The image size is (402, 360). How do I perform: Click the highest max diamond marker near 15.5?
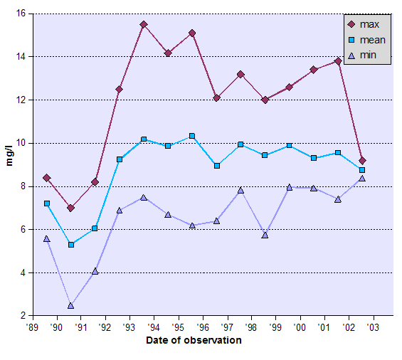(x=144, y=24)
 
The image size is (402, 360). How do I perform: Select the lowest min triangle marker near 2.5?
(x=71, y=305)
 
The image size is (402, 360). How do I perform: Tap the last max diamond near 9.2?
(x=362, y=160)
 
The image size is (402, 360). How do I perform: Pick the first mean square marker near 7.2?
(x=47, y=203)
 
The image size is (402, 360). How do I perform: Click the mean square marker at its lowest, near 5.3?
(x=71, y=245)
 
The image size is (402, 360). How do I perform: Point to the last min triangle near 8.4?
(x=362, y=178)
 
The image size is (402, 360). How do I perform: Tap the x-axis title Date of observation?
(x=194, y=341)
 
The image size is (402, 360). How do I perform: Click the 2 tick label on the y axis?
(x=23, y=316)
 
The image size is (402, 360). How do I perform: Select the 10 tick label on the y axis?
(x=21, y=143)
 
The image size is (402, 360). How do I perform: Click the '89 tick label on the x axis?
(x=33, y=327)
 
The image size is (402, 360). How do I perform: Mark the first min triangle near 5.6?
(x=47, y=238)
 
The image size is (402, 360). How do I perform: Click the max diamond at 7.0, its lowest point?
(x=71, y=208)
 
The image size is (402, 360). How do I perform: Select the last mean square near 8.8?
(x=362, y=170)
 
